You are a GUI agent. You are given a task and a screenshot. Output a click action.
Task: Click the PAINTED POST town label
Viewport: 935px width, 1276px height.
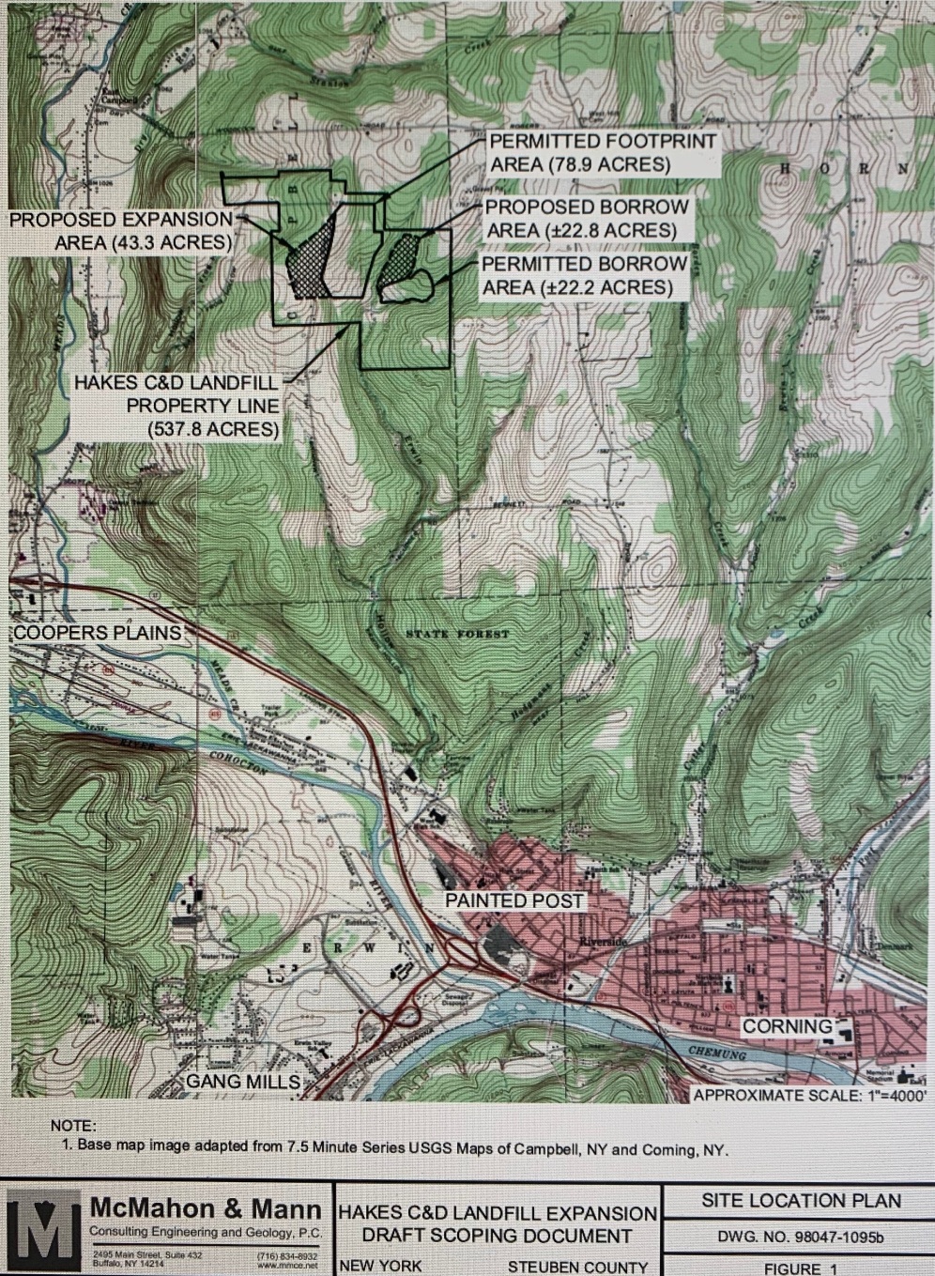click(513, 900)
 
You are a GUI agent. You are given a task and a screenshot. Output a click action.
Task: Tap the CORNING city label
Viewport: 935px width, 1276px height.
click(787, 1026)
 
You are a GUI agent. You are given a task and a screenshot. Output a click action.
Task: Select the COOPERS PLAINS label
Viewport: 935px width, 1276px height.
click(98, 632)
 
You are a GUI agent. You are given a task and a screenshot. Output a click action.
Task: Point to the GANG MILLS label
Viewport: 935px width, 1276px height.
click(243, 1082)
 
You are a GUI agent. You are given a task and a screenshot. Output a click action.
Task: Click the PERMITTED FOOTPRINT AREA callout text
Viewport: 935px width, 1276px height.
click(603, 153)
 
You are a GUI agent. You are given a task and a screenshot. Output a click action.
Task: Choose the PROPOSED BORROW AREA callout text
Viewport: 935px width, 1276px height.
click(587, 218)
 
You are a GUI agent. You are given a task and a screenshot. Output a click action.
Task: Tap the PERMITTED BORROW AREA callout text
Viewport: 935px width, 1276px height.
click(584, 275)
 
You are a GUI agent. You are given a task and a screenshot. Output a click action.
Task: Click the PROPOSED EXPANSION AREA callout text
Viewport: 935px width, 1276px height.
click(121, 230)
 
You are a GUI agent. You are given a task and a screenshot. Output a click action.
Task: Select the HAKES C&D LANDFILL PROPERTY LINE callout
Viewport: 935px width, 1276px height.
click(176, 406)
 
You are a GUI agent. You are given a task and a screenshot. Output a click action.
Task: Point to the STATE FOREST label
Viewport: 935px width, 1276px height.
click(457, 635)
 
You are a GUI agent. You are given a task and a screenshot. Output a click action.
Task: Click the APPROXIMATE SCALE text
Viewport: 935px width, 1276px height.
click(812, 1095)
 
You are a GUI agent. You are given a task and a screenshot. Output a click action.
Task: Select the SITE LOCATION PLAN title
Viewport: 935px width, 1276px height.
click(801, 1200)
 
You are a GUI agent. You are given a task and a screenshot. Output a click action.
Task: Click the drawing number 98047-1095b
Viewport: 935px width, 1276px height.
click(800, 1237)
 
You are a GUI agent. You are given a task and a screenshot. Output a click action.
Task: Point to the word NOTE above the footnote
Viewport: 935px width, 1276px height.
click(73, 1125)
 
